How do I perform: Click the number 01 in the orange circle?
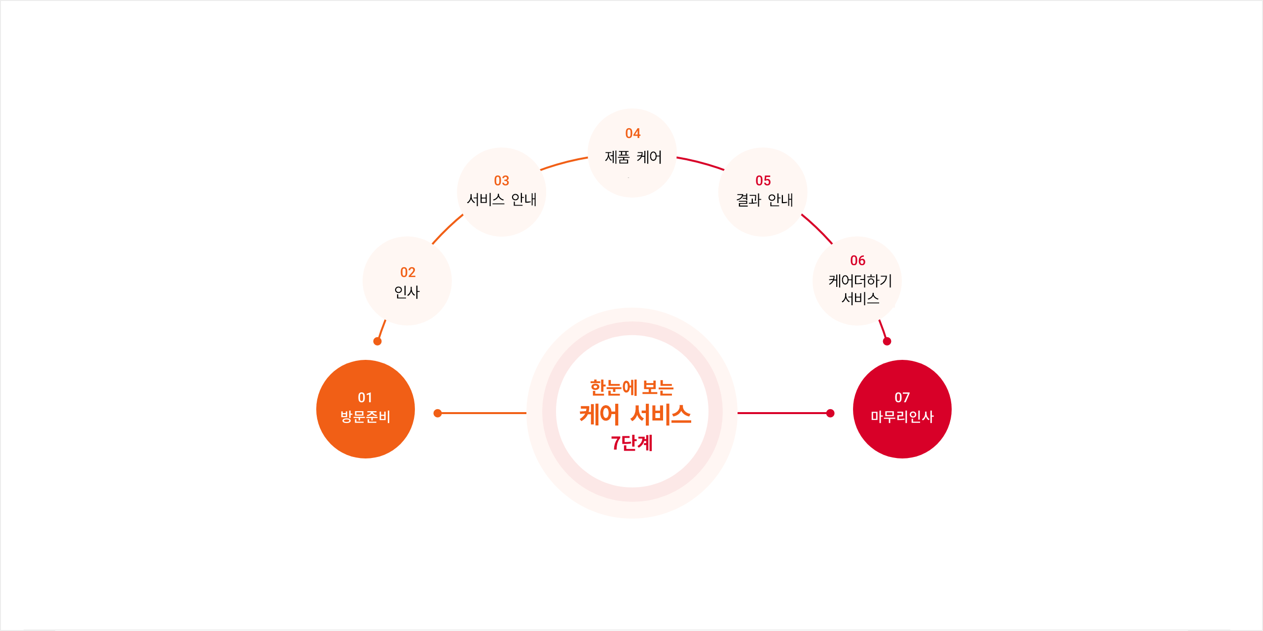click(x=365, y=397)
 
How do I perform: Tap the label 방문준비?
click(x=365, y=417)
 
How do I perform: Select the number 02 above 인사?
click(x=408, y=272)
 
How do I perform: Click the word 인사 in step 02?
click(x=407, y=292)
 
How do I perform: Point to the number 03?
click(x=501, y=180)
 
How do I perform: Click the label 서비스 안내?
click(x=501, y=200)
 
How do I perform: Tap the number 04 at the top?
click(x=632, y=133)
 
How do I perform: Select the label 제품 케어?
click(x=633, y=157)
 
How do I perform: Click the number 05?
click(x=763, y=180)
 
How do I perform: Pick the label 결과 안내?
click(x=764, y=200)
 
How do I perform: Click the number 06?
click(x=857, y=260)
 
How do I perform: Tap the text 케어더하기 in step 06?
click(x=860, y=280)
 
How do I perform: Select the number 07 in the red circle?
click(x=902, y=397)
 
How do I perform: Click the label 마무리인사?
click(x=902, y=417)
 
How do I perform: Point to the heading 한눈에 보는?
click(x=632, y=388)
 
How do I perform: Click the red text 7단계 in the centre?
click(x=632, y=443)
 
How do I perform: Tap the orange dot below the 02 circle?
click(x=377, y=341)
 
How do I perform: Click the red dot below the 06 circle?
click(x=887, y=341)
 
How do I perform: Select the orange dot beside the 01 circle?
click(x=438, y=413)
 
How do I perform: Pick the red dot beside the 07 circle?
click(x=830, y=413)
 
